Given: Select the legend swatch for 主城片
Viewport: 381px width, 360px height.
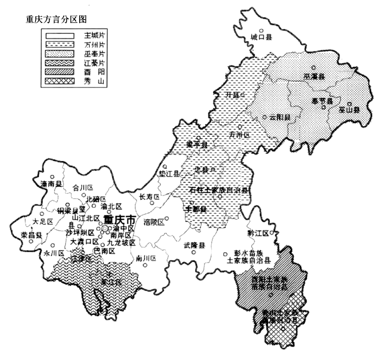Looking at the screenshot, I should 60,36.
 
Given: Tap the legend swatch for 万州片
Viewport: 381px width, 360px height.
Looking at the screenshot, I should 60,45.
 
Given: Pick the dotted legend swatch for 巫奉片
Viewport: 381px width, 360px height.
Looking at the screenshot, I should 60,54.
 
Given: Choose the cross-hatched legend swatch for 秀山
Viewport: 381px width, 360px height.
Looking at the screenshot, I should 60,81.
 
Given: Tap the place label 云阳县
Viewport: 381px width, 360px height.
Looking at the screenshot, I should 280,118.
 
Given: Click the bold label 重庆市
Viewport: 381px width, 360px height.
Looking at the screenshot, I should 120,220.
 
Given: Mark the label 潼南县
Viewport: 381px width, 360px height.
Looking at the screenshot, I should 51,184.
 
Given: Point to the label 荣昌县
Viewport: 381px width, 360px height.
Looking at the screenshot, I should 31,236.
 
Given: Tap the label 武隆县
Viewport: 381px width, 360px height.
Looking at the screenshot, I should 195,246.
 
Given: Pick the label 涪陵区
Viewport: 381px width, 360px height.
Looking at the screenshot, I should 154,222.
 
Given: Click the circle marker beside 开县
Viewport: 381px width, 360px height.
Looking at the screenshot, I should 242,95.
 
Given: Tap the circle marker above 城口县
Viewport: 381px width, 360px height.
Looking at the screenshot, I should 261,31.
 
